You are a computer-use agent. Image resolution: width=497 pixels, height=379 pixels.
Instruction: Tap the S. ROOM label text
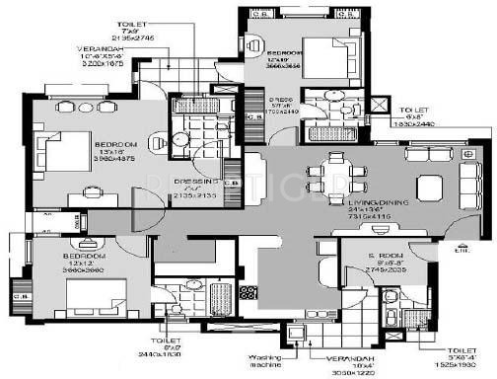point(357,252)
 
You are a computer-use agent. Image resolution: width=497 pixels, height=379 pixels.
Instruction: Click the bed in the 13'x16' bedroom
point(64,152)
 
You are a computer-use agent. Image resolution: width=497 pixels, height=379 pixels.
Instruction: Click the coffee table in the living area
point(430,188)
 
